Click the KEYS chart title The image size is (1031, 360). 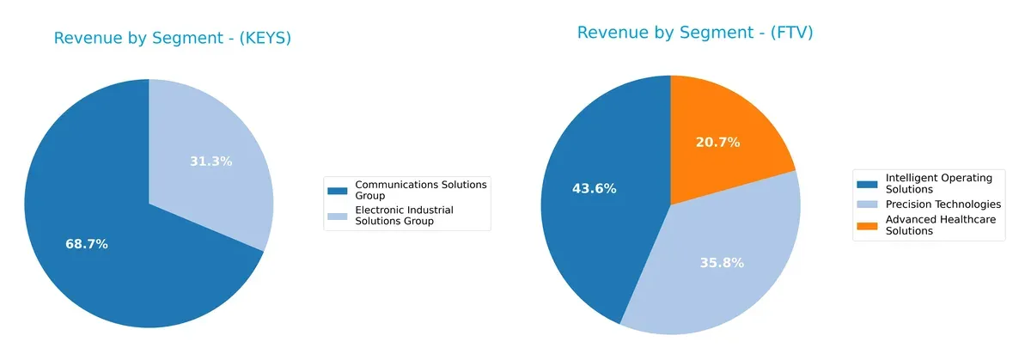tap(172, 38)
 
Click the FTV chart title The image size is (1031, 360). tap(694, 33)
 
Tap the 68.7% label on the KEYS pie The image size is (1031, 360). tap(87, 244)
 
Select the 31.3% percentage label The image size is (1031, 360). tap(211, 161)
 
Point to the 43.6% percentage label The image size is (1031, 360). tap(595, 188)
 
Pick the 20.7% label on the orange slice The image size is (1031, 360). tap(718, 142)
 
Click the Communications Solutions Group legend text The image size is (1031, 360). tap(420, 189)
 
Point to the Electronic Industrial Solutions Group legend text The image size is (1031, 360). tap(404, 216)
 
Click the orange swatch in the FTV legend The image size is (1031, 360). tap(869, 221)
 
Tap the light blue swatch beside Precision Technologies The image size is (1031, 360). tap(869, 204)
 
